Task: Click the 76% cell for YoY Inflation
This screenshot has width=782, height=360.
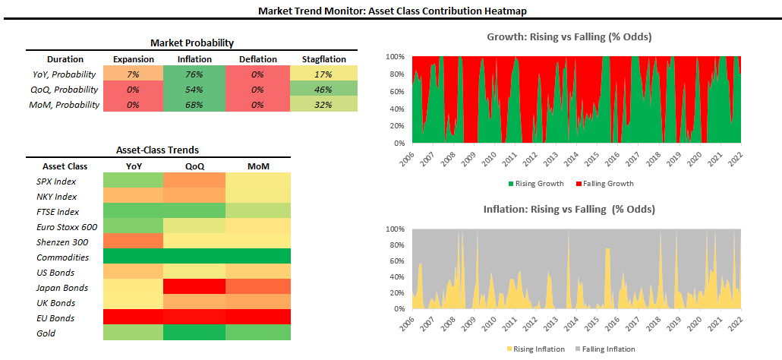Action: (194, 74)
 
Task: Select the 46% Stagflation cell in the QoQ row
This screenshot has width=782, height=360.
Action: (323, 90)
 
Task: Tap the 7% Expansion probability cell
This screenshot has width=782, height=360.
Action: (133, 74)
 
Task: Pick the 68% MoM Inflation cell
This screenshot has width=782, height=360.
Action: (194, 105)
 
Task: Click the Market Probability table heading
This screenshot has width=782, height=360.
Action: (191, 43)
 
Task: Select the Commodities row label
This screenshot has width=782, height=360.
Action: (62, 257)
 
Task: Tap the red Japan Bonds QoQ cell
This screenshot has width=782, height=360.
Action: (194, 288)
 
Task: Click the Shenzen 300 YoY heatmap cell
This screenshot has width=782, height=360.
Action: (133, 242)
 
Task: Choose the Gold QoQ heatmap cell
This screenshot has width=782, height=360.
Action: (194, 333)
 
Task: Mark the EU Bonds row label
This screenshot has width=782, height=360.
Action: (55, 318)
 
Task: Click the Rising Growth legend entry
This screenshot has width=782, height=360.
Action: (536, 183)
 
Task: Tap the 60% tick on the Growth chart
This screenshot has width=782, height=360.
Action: (396, 91)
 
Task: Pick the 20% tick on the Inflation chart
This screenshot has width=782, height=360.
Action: (396, 293)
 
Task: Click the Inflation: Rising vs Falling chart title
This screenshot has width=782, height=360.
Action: (569, 209)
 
